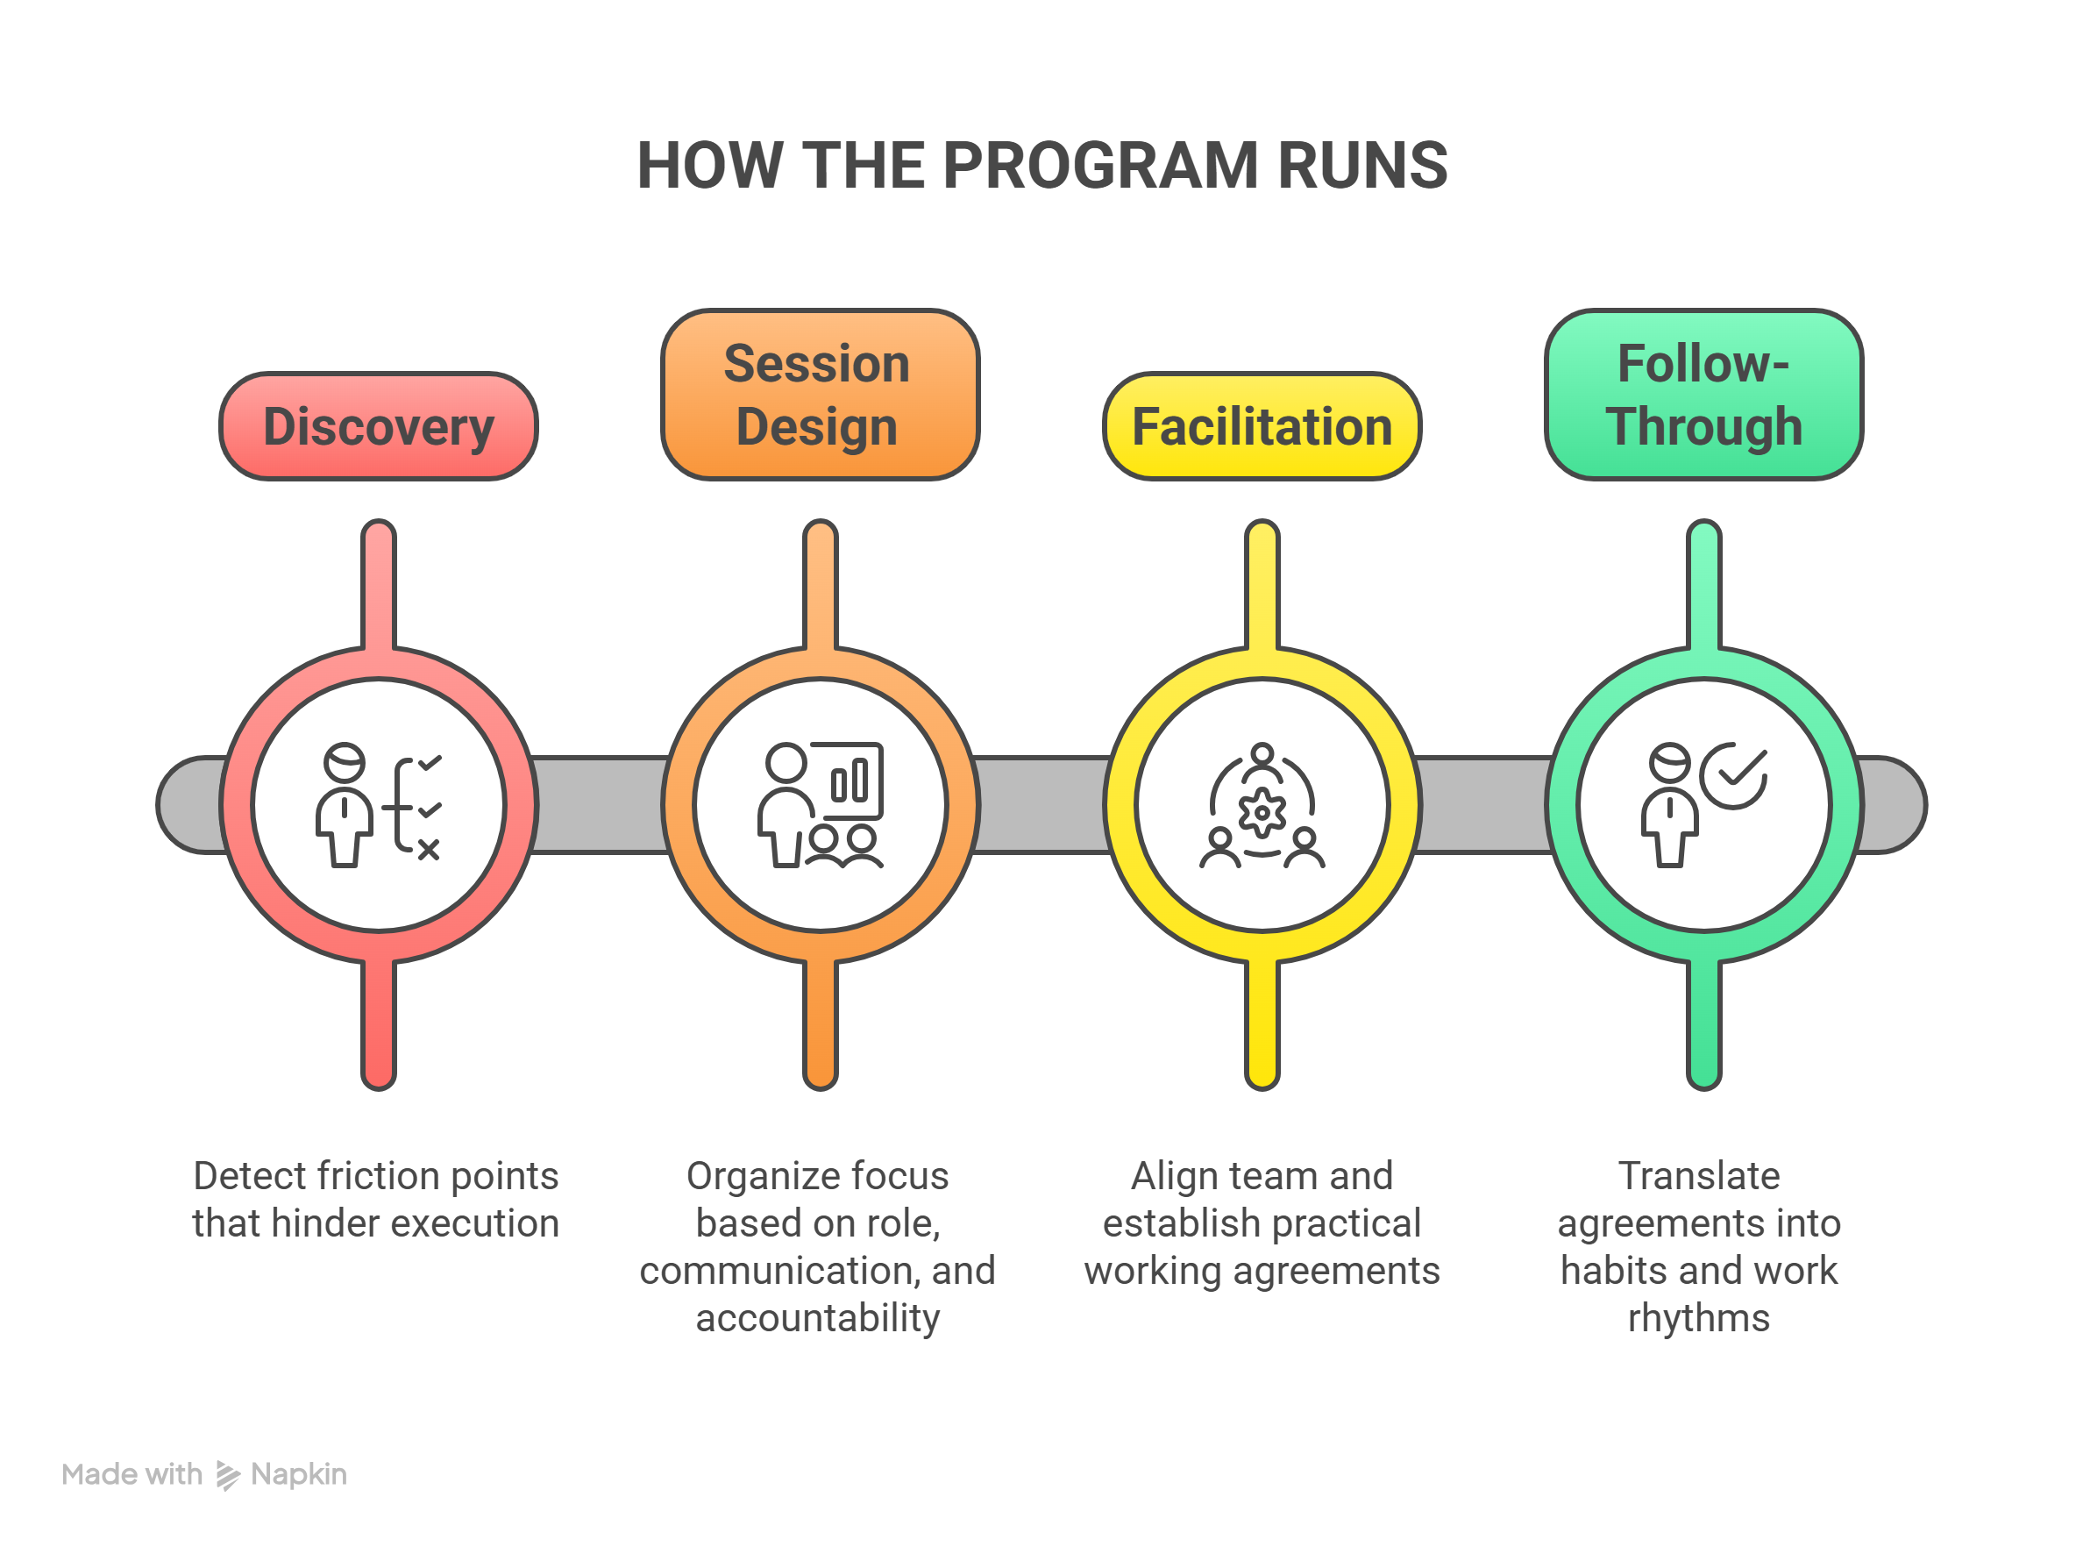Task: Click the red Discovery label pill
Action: click(378, 427)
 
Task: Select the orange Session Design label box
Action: click(819, 395)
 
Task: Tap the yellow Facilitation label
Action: click(1261, 427)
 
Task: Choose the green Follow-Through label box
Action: click(1703, 395)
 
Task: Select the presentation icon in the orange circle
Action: click(820, 805)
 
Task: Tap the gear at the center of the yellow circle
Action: click(1261, 811)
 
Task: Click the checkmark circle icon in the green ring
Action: click(1733, 775)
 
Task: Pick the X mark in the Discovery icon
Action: click(428, 849)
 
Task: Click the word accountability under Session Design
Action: click(817, 1317)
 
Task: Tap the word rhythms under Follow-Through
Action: click(1698, 1317)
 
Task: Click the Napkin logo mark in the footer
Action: click(227, 1475)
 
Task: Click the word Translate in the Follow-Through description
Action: click(1698, 1176)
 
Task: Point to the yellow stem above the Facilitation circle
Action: click(1261, 585)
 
